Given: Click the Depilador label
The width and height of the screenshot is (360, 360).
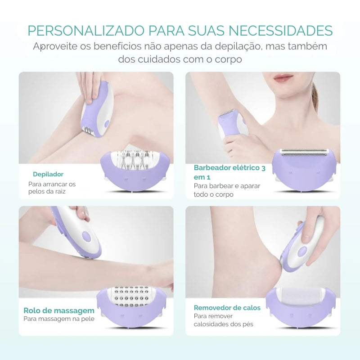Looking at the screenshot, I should tap(48, 174).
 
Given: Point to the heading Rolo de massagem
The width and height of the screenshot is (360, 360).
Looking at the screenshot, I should tap(59, 310).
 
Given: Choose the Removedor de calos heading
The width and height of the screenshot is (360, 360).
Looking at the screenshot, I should tap(227, 308).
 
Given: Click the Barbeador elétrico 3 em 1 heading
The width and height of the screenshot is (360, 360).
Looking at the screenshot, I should tap(229, 172).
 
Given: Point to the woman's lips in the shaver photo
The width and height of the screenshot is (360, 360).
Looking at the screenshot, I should tap(283, 78).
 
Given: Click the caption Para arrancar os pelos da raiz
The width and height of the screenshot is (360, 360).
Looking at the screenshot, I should tap(52, 188).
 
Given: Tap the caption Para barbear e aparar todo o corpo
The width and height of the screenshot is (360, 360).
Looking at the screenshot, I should tap(227, 190).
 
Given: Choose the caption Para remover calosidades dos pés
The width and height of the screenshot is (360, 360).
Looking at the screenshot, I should tap(224, 320).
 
